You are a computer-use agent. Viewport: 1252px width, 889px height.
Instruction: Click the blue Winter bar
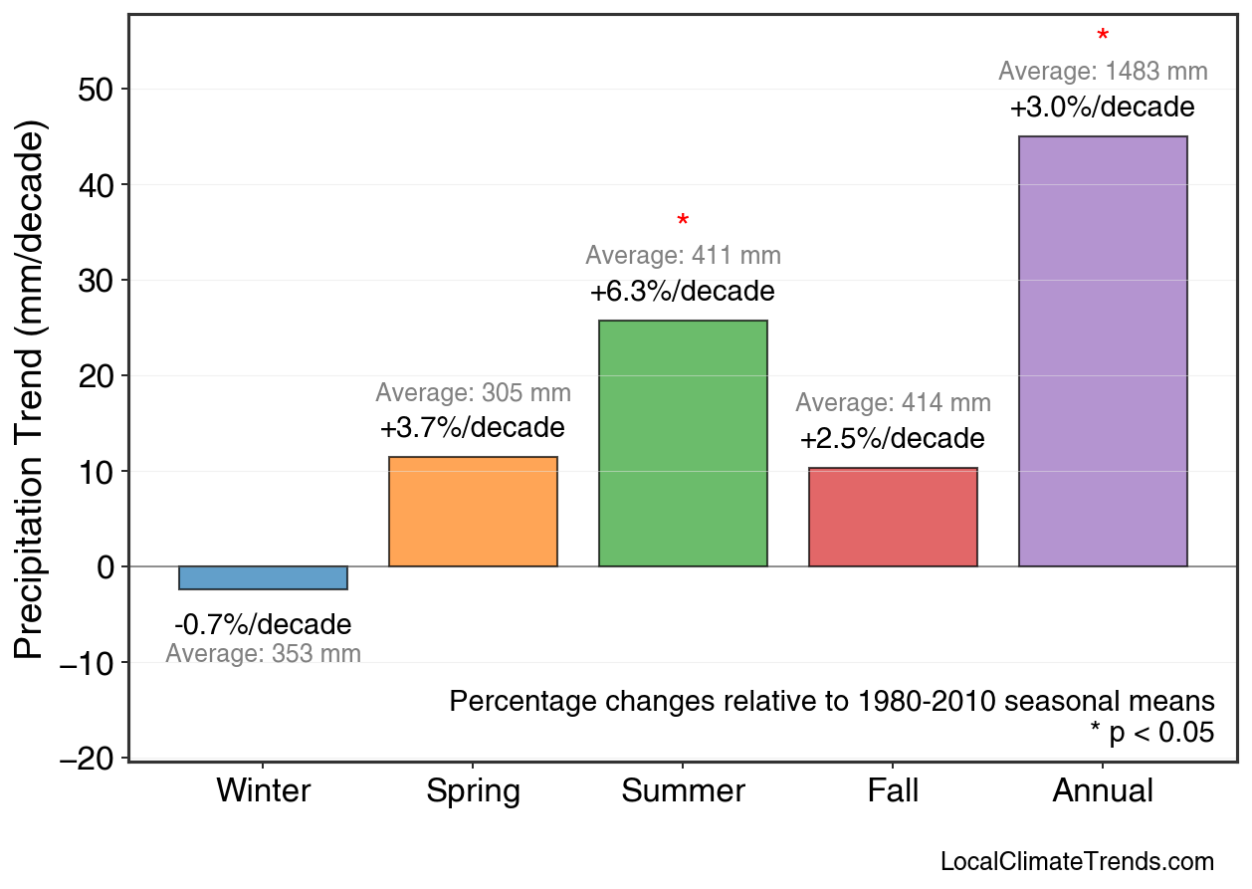[x=263, y=577]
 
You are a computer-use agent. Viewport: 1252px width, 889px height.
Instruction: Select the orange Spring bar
[x=473, y=512]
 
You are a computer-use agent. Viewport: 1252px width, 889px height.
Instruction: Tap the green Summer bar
[x=683, y=443]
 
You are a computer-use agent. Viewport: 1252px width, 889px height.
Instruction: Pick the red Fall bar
[x=893, y=517]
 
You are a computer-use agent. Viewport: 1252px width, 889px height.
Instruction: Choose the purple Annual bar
[x=1103, y=351]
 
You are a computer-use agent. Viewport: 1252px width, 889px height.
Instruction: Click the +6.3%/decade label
[x=682, y=293]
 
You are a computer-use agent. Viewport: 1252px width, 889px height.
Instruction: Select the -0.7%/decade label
[x=263, y=625]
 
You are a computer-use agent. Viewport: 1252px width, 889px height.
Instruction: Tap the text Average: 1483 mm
[x=1103, y=72]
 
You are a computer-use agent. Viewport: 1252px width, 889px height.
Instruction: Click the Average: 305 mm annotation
[x=473, y=393]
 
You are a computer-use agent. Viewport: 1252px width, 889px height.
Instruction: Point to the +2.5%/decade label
[x=892, y=439]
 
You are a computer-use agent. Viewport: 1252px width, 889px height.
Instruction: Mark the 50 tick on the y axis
[x=97, y=90]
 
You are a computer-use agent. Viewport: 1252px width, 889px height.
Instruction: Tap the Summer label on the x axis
[x=683, y=791]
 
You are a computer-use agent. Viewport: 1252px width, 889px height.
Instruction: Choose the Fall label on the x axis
[x=893, y=791]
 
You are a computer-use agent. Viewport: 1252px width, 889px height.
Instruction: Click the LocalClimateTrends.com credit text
[x=1077, y=862]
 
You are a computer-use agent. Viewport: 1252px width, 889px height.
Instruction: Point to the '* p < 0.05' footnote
[x=1151, y=733]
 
